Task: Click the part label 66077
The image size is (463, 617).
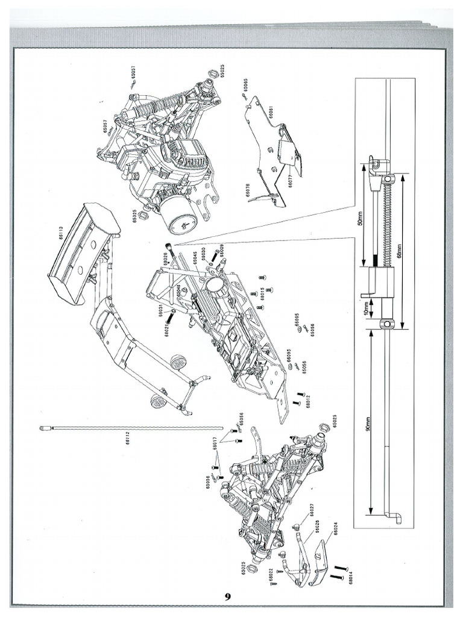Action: tap(289, 180)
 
